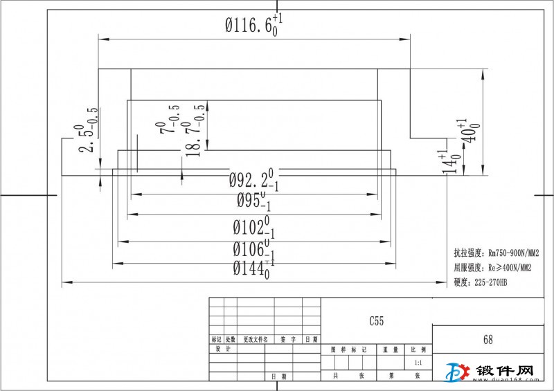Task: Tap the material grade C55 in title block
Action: click(376, 321)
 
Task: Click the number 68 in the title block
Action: click(488, 340)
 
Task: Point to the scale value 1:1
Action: click(418, 363)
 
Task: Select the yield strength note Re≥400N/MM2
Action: click(492, 267)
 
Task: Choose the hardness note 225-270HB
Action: click(481, 282)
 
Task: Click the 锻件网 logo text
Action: click(506, 372)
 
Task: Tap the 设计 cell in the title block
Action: click(222, 349)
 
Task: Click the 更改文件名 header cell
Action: click(256, 340)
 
